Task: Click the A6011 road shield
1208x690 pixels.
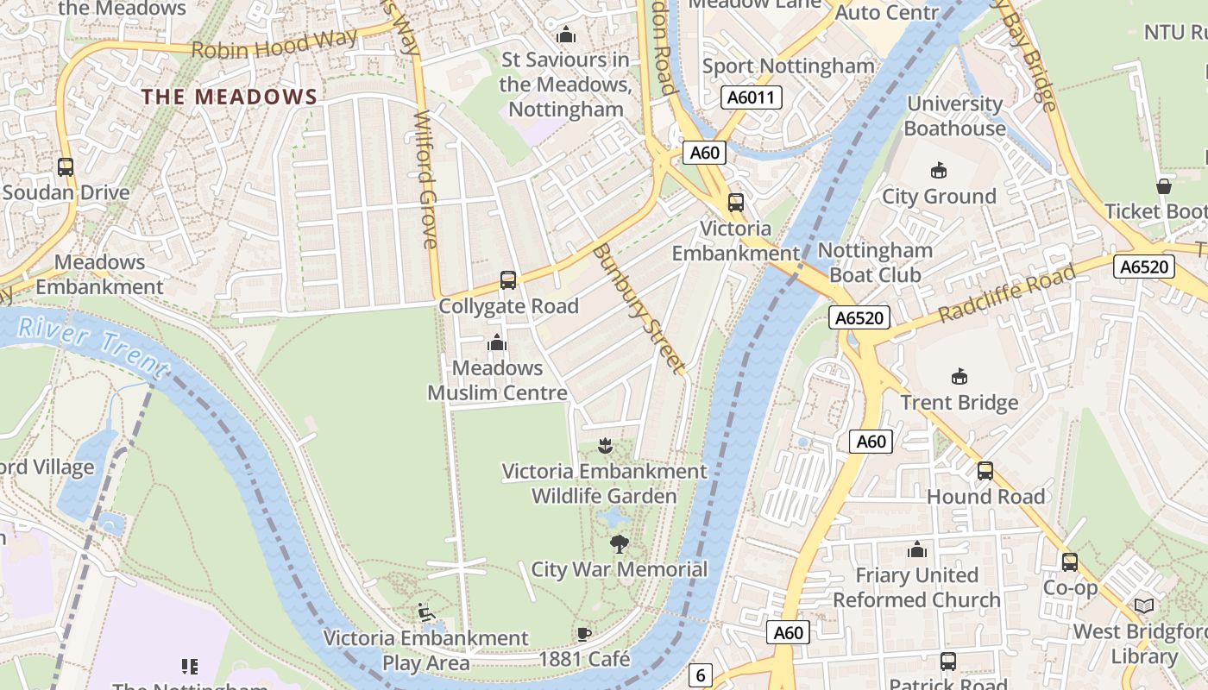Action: [x=751, y=97]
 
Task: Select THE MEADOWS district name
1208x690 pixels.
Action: [x=230, y=97]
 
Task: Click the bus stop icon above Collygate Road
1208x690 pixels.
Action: [x=508, y=280]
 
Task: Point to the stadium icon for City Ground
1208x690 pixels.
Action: [x=939, y=171]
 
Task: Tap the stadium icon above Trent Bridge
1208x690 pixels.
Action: [x=959, y=377]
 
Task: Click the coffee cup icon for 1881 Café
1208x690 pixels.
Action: [x=584, y=635]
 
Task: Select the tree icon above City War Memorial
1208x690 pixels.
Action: [x=619, y=543]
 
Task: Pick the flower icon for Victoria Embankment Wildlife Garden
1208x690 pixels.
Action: [x=605, y=446]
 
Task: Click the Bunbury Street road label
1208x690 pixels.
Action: [x=639, y=308]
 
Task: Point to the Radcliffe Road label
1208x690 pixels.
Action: [x=1007, y=293]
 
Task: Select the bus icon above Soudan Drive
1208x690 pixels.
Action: [x=66, y=167]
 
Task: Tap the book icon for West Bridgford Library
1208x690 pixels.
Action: [x=1144, y=606]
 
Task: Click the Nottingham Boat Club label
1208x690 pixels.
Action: [x=875, y=262]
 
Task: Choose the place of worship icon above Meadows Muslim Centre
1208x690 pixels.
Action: [x=497, y=343]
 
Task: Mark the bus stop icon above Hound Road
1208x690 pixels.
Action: [x=985, y=471]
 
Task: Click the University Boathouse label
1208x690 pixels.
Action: [x=954, y=116]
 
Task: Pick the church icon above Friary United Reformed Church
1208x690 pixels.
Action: [x=916, y=549]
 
